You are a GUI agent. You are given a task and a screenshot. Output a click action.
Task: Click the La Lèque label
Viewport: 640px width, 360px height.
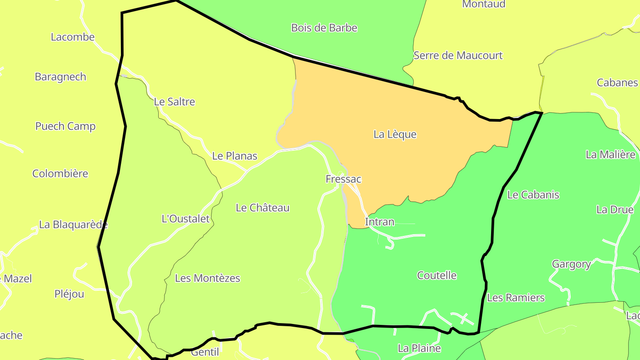point(395,134)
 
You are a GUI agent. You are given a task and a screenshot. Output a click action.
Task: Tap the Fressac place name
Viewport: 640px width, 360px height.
point(343,179)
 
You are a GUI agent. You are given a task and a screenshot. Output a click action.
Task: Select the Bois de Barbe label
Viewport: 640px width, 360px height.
point(324,28)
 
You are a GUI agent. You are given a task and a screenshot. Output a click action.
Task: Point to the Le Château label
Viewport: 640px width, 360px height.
point(262,208)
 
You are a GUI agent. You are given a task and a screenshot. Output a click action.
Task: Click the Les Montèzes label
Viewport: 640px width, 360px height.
point(208,278)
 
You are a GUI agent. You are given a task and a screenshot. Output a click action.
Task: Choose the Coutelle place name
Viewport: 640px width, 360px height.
point(436,275)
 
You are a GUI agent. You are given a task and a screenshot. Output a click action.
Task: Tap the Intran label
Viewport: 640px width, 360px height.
point(379,222)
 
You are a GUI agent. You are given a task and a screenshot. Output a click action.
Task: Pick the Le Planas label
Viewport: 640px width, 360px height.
point(235,156)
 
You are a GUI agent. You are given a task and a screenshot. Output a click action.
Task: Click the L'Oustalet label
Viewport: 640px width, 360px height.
point(185,219)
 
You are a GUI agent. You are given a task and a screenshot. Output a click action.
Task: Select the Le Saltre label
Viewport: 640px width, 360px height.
point(174,102)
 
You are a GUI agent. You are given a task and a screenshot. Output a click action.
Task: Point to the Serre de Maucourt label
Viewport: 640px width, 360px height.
point(458,56)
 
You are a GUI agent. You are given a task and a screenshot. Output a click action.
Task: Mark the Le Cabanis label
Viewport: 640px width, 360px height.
point(533,195)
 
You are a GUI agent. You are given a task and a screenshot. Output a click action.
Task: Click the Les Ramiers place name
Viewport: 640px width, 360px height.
point(516,297)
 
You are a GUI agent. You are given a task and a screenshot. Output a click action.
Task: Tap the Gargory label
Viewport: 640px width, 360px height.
point(571,264)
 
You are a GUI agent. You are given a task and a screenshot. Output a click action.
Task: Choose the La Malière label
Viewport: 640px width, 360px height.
point(610,155)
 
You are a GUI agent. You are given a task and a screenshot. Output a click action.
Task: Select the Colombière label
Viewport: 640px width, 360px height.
point(60,173)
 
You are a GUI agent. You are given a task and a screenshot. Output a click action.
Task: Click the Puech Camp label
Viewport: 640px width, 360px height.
point(65,126)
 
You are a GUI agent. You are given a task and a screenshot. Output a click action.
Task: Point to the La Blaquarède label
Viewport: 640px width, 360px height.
point(73,224)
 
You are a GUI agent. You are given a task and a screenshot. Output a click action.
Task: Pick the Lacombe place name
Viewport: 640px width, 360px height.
point(72,37)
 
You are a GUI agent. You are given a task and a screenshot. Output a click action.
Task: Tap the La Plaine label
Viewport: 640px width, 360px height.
point(419,348)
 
